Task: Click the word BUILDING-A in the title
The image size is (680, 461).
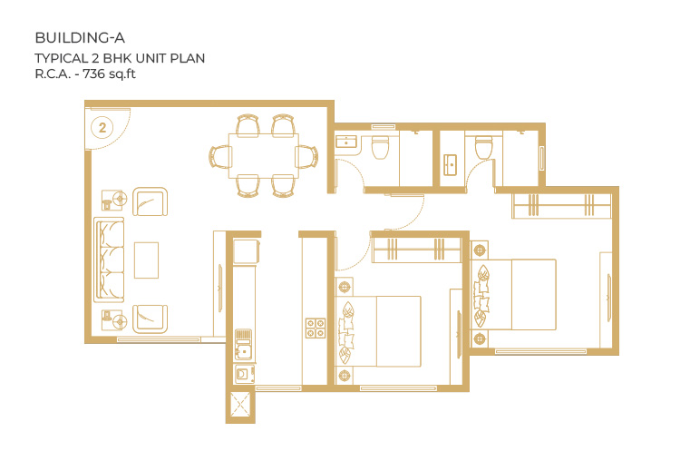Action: coord(80,38)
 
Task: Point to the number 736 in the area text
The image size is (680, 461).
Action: coord(93,74)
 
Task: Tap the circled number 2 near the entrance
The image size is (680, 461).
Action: coord(102,128)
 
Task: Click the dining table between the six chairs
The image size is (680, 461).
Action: coord(263,155)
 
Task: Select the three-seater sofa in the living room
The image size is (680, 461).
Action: coord(109,260)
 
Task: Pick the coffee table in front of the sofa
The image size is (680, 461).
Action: coord(146,260)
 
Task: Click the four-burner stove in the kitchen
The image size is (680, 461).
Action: coord(316,329)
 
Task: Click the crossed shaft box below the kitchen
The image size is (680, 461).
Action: coord(240,404)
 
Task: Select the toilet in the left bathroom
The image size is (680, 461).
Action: coord(380,147)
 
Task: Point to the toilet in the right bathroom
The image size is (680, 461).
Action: coord(483,147)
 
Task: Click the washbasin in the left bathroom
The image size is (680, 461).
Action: coord(346,142)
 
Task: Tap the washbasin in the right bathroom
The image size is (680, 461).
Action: coord(450,165)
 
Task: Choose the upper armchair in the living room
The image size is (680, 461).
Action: coord(150,201)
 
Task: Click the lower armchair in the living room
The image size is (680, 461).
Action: coord(150,319)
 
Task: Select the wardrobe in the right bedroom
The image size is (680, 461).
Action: coord(561,206)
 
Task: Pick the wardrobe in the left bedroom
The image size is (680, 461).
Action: coord(416,250)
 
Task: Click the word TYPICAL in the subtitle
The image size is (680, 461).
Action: coord(61,58)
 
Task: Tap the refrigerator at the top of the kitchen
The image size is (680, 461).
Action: coord(247,250)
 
